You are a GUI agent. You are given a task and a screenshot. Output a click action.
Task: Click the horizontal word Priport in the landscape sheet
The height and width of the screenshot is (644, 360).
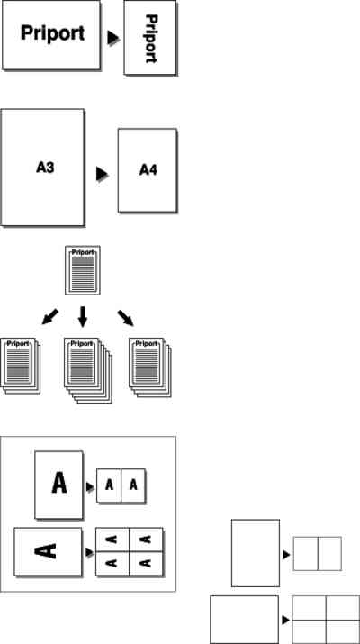(x=52, y=33)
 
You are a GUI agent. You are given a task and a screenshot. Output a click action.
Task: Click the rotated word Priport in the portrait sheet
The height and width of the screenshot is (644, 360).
(x=151, y=39)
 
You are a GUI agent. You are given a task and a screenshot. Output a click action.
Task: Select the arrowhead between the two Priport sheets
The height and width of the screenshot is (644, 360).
(x=113, y=38)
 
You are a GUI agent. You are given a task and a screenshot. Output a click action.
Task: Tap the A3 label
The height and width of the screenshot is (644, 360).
(x=45, y=168)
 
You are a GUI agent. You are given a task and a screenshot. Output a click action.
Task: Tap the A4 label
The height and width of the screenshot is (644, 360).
(x=148, y=169)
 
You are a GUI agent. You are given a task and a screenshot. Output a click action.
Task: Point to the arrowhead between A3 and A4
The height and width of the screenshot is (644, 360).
(x=103, y=174)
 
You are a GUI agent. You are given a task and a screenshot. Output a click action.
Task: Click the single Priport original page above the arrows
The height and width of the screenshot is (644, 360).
(x=83, y=270)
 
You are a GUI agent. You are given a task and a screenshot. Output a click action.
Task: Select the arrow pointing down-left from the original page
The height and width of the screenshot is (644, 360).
(x=50, y=317)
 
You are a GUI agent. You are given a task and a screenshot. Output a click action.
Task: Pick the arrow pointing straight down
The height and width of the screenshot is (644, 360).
(x=83, y=316)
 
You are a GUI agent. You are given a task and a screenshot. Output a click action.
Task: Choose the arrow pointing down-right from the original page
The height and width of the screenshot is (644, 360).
(x=126, y=318)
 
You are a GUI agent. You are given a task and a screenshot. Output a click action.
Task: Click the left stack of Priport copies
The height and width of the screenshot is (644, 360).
(x=21, y=366)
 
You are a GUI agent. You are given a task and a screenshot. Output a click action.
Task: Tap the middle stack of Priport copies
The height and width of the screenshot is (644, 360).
(x=88, y=370)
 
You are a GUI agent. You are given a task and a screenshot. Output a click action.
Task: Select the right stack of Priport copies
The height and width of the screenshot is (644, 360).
(x=150, y=367)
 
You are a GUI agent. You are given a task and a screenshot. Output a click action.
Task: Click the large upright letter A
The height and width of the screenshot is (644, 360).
(x=59, y=483)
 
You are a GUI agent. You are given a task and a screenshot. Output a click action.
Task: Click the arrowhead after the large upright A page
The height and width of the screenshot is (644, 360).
(x=90, y=486)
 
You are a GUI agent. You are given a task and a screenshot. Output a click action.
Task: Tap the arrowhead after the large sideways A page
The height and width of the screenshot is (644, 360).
(x=89, y=553)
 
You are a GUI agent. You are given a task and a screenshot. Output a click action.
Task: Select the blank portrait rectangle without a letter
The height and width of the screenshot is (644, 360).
(x=256, y=553)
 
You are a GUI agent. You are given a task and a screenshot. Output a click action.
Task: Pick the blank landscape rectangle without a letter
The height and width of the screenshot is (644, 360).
(x=245, y=620)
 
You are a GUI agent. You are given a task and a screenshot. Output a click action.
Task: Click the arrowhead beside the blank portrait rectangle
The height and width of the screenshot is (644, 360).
(x=286, y=555)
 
